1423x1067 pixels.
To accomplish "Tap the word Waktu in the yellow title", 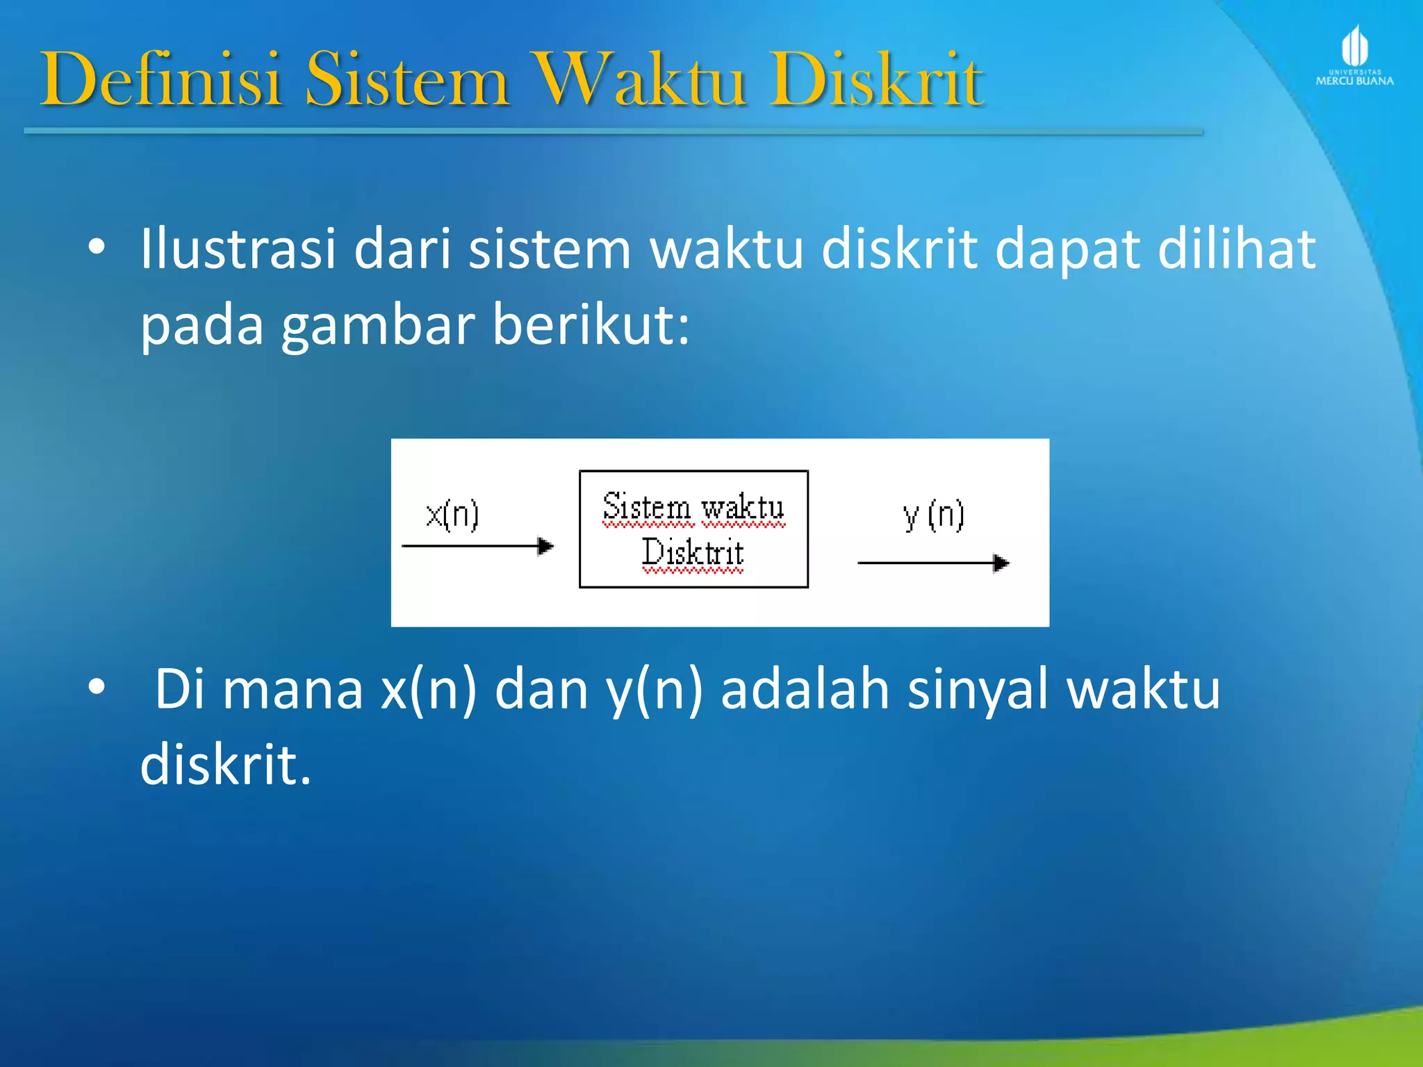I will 640,80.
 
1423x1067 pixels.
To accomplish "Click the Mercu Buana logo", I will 1354,56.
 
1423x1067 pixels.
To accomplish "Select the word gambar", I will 377,325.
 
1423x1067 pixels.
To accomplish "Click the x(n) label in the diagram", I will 452,515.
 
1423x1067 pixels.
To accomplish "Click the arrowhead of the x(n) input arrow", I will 546,546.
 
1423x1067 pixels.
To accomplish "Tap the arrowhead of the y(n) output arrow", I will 1001,563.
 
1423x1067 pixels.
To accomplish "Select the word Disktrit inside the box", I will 692,553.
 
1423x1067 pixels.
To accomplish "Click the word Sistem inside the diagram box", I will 646,507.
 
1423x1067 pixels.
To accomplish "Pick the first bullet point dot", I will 97,247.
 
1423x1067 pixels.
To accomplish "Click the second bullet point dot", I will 97,687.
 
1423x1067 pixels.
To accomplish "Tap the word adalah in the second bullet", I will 805,689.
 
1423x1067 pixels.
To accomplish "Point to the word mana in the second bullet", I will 293,689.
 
